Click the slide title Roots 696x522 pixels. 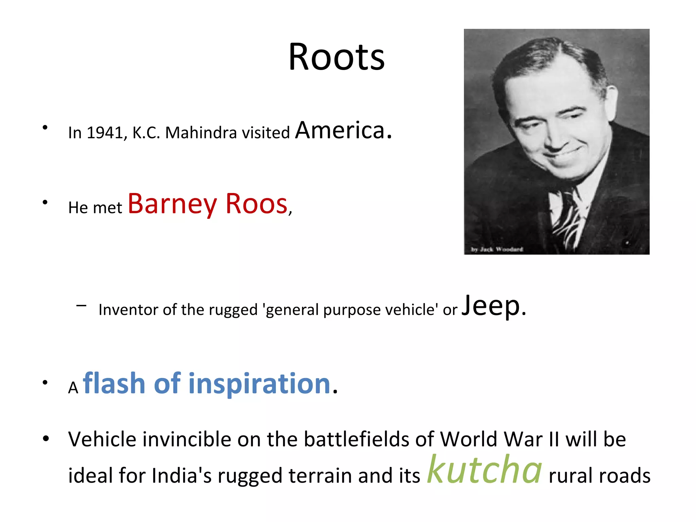pos(336,57)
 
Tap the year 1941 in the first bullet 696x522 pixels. pos(104,133)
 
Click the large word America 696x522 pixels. pos(340,130)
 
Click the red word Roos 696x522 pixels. pos(257,204)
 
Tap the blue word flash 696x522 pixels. pos(114,383)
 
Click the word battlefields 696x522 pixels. pos(357,439)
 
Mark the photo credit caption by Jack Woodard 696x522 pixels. pos(497,249)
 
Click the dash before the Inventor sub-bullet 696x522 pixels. pos(81,306)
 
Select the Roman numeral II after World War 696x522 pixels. pos(554,439)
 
